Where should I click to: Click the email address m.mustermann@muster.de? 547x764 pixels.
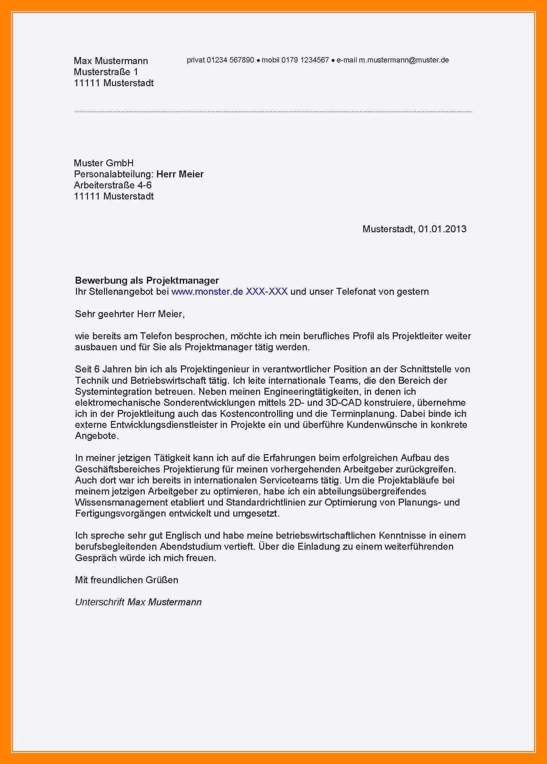[x=404, y=60]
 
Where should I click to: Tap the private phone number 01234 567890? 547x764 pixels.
[x=230, y=60]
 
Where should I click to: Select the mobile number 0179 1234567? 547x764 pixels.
[x=305, y=60]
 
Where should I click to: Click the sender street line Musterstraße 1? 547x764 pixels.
[x=106, y=72]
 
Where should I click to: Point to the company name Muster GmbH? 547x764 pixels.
[x=104, y=163]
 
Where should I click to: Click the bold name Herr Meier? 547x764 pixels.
[x=180, y=174]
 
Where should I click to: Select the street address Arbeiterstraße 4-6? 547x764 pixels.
[x=113, y=185]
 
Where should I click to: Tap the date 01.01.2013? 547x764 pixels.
[x=442, y=229]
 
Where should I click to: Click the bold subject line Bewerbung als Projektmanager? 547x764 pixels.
[x=147, y=280]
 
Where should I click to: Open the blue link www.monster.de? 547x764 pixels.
[x=207, y=291]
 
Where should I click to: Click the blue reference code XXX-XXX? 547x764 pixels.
[x=267, y=291]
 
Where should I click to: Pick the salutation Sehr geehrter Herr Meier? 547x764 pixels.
[x=130, y=314]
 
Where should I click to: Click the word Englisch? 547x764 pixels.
[x=184, y=535]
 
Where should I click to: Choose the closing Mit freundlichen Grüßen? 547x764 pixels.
[x=126, y=580]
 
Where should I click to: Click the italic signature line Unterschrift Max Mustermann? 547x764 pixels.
[x=138, y=602]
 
